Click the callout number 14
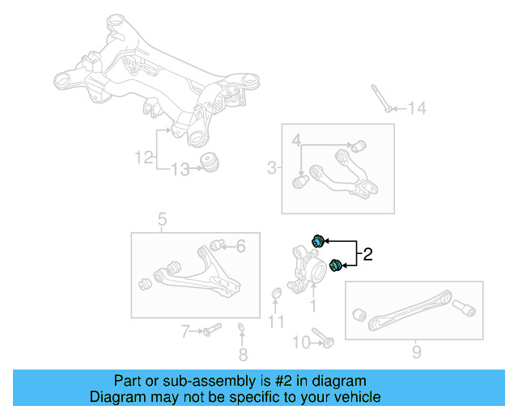coord(416,108)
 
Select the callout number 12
coord(144,158)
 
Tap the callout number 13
coord(180,169)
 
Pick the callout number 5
coord(240,246)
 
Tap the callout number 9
coord(416,352)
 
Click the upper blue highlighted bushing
coord(319,239)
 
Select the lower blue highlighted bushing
coord(335,264)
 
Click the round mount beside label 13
coord(212,161)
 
